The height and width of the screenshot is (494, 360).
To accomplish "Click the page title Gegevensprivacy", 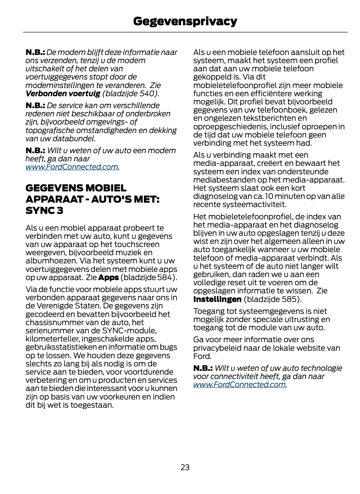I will pos(185,21).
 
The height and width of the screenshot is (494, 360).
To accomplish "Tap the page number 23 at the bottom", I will pos(185,467).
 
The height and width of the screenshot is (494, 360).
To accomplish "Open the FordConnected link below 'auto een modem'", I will pos(72,167).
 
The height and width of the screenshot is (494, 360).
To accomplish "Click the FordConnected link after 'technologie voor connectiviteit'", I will pos(240,384).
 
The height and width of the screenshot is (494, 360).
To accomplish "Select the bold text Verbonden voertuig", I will pos(63,93).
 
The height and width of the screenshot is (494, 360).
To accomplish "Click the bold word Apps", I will pos(109,277).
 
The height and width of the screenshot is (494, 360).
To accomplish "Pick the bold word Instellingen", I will pos(217,299).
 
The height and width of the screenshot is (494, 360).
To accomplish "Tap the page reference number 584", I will pos(164,277).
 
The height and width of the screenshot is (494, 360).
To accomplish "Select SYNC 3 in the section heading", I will pos(44,210).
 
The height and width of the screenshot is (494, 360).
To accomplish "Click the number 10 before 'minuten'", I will pos(269,196).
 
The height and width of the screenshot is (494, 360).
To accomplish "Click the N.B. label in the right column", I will pos(203,368).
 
